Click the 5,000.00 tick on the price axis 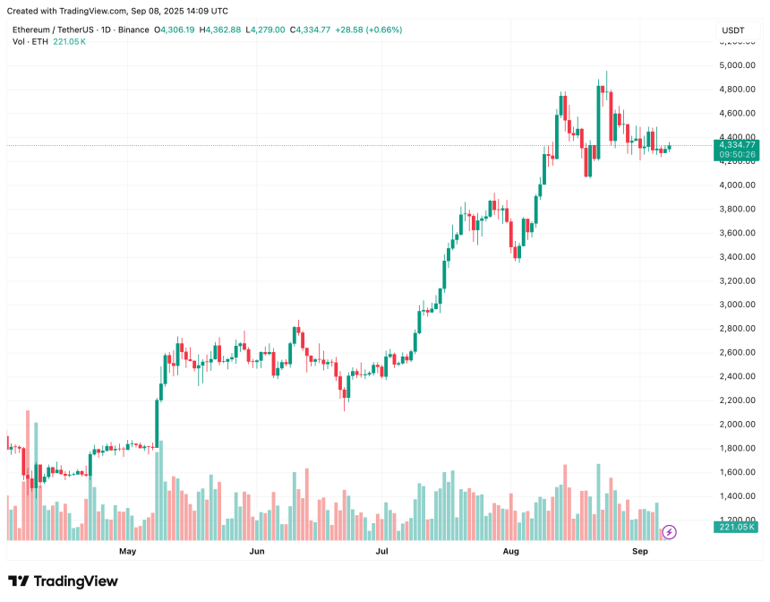click(x=735, y=65)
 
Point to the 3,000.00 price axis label click(x=735, y=305)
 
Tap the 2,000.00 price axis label click(x=735, y=425)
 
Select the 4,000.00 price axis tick click(x=735, y=185)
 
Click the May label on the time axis click(x=128, y=553)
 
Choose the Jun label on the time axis click(x=257, y=553)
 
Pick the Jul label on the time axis click(x=381, y=553)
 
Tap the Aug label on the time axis click(x=510, y=553)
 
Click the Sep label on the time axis click(x=639, y=553)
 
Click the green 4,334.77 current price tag click(x=735, y=144)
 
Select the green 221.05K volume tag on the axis click(x=735, y=528)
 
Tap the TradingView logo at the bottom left click(x=63, y=581)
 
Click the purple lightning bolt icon click(x=670, y=532)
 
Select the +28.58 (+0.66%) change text click(x=369, y=30)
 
